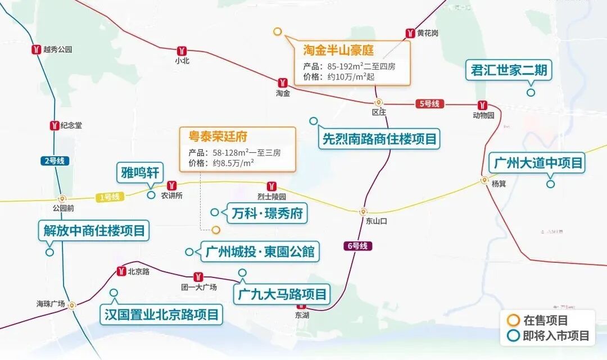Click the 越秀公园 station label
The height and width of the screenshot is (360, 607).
58,49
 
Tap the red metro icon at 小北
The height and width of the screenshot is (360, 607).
182,50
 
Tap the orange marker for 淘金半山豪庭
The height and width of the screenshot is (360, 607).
277,31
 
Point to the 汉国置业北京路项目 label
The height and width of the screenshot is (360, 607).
161,314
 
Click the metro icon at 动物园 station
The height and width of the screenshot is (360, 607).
483,105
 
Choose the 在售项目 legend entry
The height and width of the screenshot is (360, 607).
545,321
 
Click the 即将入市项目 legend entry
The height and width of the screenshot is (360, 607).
556,336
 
